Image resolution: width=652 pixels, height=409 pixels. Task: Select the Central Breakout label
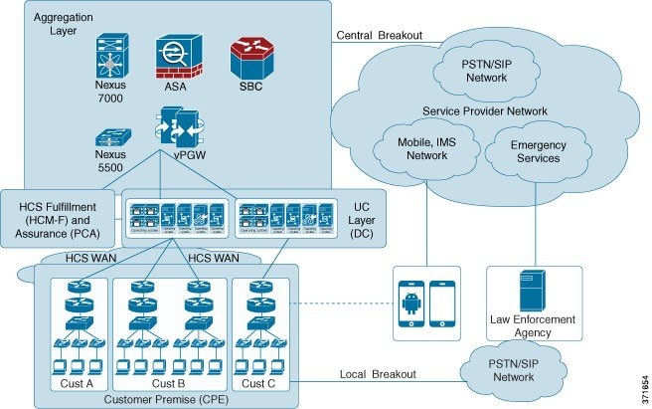coord(381,35)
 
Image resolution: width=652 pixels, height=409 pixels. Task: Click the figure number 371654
coord(641,385)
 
